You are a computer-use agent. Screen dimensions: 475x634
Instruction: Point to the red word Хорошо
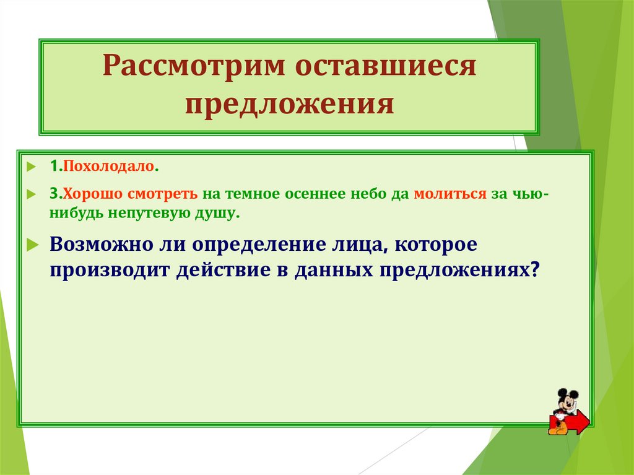tap(92, 193)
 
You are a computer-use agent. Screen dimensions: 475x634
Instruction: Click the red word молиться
tap(449, 193)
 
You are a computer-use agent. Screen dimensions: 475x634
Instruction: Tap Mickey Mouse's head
tap(567, 398)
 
